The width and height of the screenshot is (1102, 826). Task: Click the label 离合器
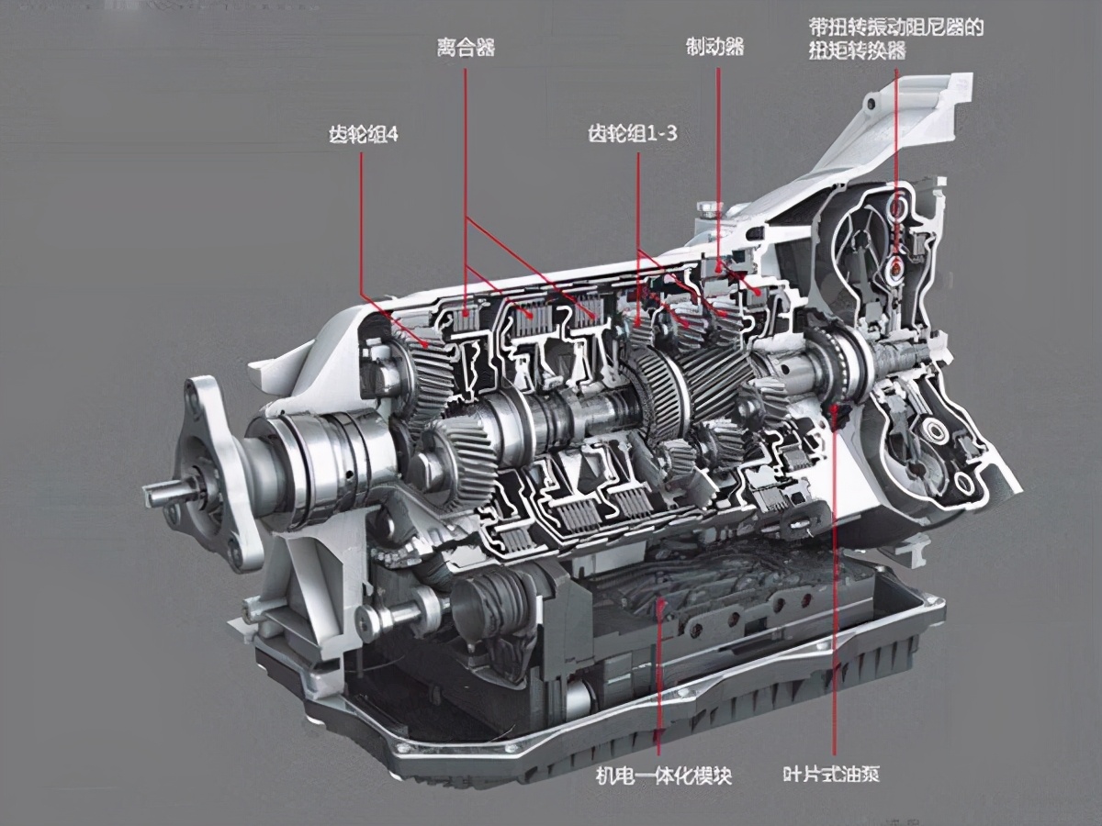coord(466,49)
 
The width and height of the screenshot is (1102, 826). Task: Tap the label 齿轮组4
coord(363,134)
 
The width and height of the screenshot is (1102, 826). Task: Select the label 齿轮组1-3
coord(632,133)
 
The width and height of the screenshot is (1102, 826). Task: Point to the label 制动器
coord(714,48)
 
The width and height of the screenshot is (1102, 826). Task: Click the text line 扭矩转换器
coord(857,50)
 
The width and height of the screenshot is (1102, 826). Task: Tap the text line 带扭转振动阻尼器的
coord(896,28)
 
